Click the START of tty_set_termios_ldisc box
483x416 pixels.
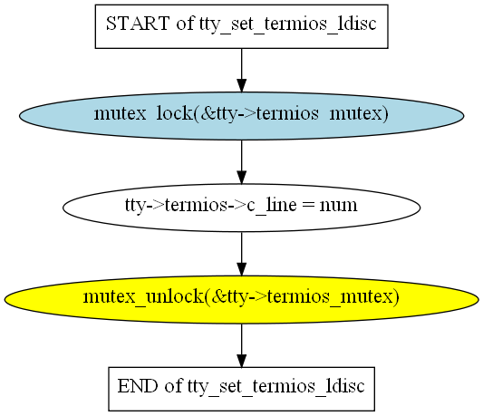241,26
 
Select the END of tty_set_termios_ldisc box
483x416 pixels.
241,389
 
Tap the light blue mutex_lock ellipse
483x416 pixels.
241,116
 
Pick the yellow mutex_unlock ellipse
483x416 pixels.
241,299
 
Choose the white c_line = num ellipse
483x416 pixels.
241,208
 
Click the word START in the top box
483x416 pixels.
138,24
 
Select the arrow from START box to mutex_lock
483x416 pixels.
241,71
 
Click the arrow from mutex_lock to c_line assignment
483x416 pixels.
241,162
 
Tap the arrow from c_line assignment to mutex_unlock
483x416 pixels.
241,254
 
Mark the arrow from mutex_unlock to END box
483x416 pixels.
241,345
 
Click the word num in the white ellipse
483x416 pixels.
338,205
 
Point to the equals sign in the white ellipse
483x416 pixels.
308,205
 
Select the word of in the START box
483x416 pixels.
185,24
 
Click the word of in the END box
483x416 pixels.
173,386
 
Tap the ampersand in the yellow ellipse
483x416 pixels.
218,296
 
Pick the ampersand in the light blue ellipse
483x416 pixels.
207,113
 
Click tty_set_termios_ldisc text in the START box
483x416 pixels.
287,24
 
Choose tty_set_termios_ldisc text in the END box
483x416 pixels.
276,386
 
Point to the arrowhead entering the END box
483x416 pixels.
241,361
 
